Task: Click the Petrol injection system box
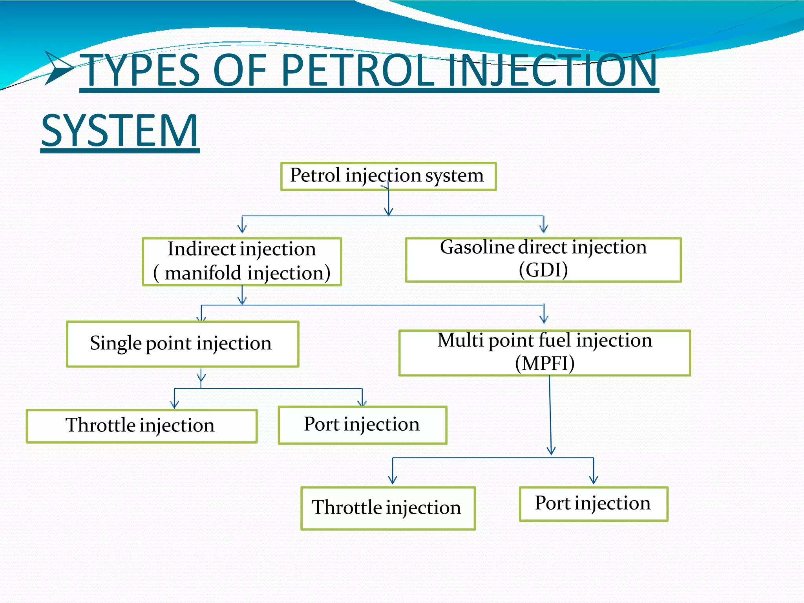[x=388, y=176]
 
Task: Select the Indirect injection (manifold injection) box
[x=242, y=261]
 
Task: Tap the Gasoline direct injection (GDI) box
[x=543, y=259]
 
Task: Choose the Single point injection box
[x=183, y=344]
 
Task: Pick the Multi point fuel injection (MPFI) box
[x=545, y=353]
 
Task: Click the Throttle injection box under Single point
[x=141, y=426]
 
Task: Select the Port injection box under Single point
[x=362, y=425]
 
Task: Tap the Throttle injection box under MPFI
[x=388, y=508]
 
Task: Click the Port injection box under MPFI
[x=593, y=504]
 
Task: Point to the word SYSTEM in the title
[x=120, y=131]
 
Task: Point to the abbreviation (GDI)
[x=543, y=270]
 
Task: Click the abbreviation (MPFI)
[x=545, y=363]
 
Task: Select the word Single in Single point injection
[x=115, y=344]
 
